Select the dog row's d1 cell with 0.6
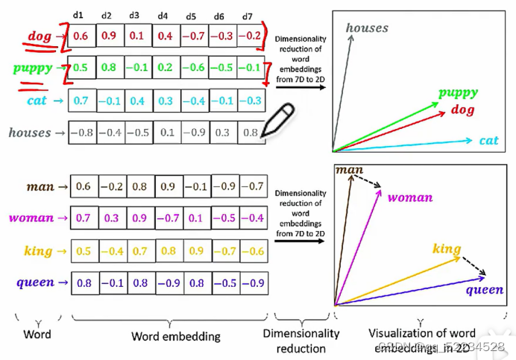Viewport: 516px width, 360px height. click(83, 36)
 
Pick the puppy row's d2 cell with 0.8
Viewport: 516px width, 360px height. click(110, 68)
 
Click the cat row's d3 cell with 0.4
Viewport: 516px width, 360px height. click(137, 101)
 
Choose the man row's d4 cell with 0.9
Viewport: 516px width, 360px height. click(169, 187)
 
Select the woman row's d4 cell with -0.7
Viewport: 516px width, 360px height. click(169, 218)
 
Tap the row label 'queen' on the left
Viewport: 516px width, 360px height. click(35, 282)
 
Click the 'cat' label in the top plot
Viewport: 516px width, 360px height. click(488, 140)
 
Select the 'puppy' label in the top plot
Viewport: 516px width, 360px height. click(458, 92)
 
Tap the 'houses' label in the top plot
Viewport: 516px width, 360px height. click(367, 28)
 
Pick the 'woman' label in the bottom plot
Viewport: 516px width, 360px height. click(409, 198)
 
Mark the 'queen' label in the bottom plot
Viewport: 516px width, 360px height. click(485, 290)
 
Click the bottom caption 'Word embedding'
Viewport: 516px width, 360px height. click(176, 336)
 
